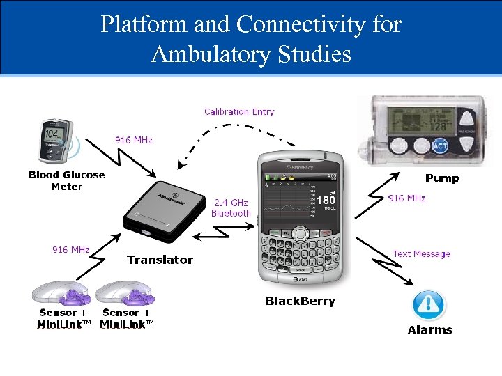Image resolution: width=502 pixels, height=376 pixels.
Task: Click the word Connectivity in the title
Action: [301, 24]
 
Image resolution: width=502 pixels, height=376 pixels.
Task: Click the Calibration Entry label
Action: [239, 111]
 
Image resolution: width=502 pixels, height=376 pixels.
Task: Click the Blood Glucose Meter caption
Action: [66, 180]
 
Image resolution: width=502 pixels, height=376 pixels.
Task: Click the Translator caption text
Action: [160, 260]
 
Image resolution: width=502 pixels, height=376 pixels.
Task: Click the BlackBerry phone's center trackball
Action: [300, 233]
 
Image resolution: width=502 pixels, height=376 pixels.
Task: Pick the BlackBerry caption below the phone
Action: [300, 301]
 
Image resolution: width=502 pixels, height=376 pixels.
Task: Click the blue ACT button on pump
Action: [441, 146]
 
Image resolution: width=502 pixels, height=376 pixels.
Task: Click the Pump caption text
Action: [442, 178]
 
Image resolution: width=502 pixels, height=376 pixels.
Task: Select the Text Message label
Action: [421, 254]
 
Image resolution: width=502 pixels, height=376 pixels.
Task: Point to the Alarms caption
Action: [429, 330]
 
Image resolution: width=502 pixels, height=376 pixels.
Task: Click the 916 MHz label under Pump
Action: [406, 198]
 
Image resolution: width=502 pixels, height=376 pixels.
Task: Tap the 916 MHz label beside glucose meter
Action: [133, 140]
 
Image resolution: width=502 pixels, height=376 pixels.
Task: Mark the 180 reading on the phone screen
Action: [326, 201]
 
